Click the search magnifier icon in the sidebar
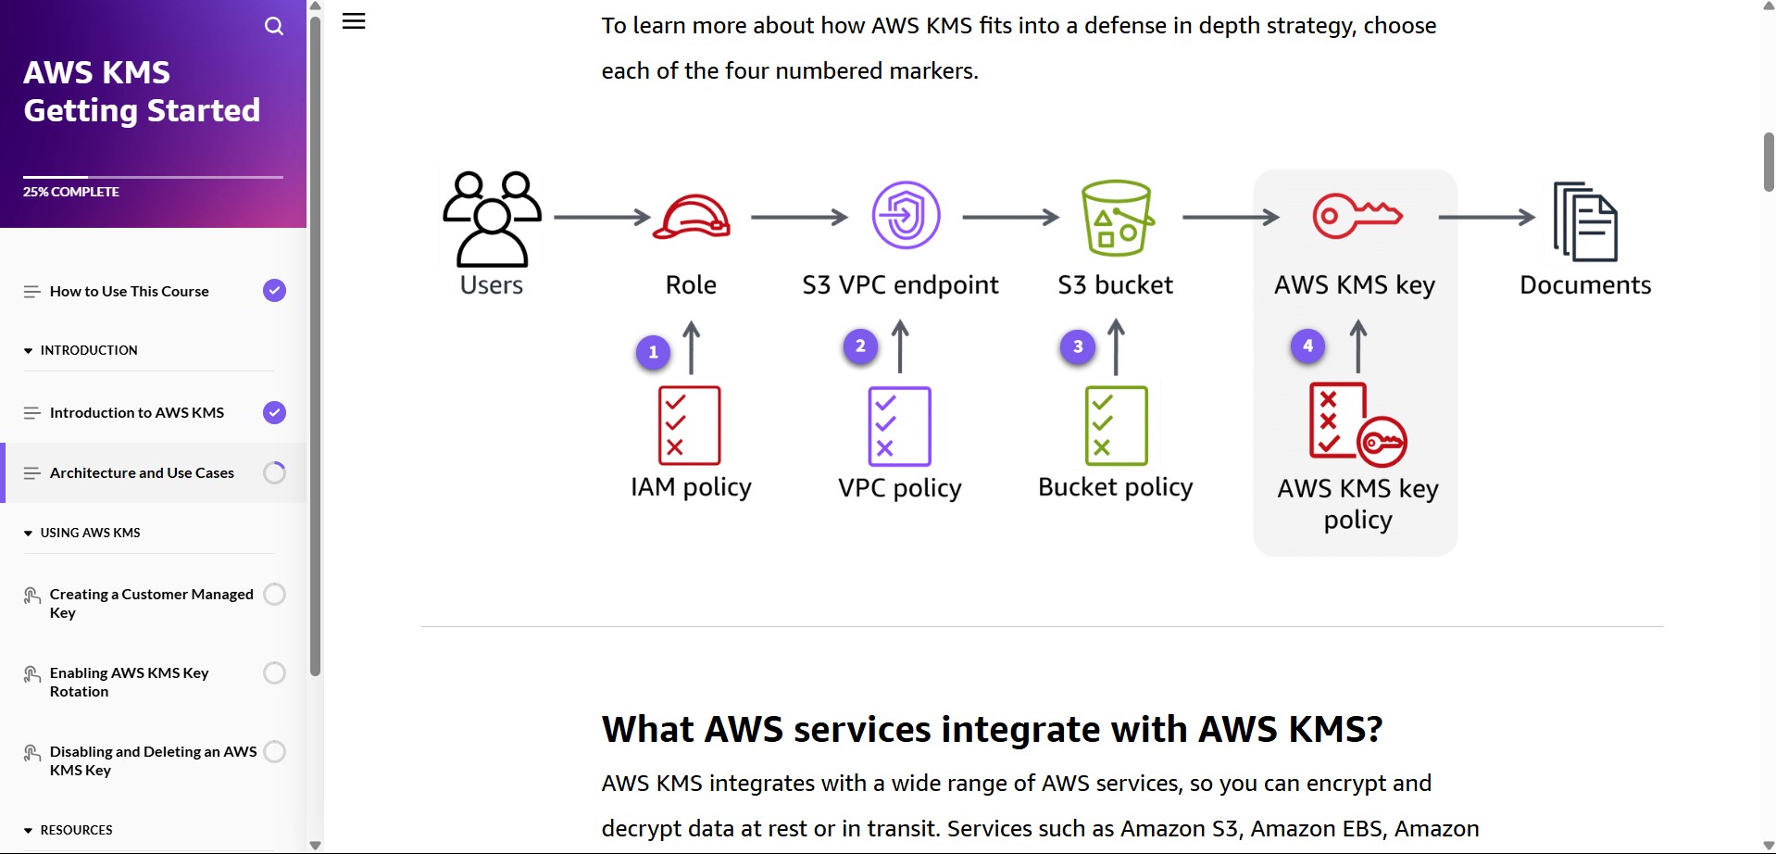pos(274,26)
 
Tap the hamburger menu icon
pos(354,21)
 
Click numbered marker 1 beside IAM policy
pos(654,352)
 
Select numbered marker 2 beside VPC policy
pos(860,346)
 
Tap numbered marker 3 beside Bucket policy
pos(1078,347)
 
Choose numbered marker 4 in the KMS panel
pos(1307,346)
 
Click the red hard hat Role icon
pos(692,218)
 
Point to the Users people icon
pos(492,219)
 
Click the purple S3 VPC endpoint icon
pos(906,215)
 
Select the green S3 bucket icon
pos(1117,218)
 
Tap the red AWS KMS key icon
pos(1357,215)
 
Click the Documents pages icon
pos(1585,221)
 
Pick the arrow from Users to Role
pos(602,218)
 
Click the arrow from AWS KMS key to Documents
pos(1486,218)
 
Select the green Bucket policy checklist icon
pos(1116,426)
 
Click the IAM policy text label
pos(691,487)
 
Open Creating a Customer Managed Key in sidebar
pos(151,603)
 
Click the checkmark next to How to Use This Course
pos(274,291)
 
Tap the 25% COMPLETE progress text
pos(71,192)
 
